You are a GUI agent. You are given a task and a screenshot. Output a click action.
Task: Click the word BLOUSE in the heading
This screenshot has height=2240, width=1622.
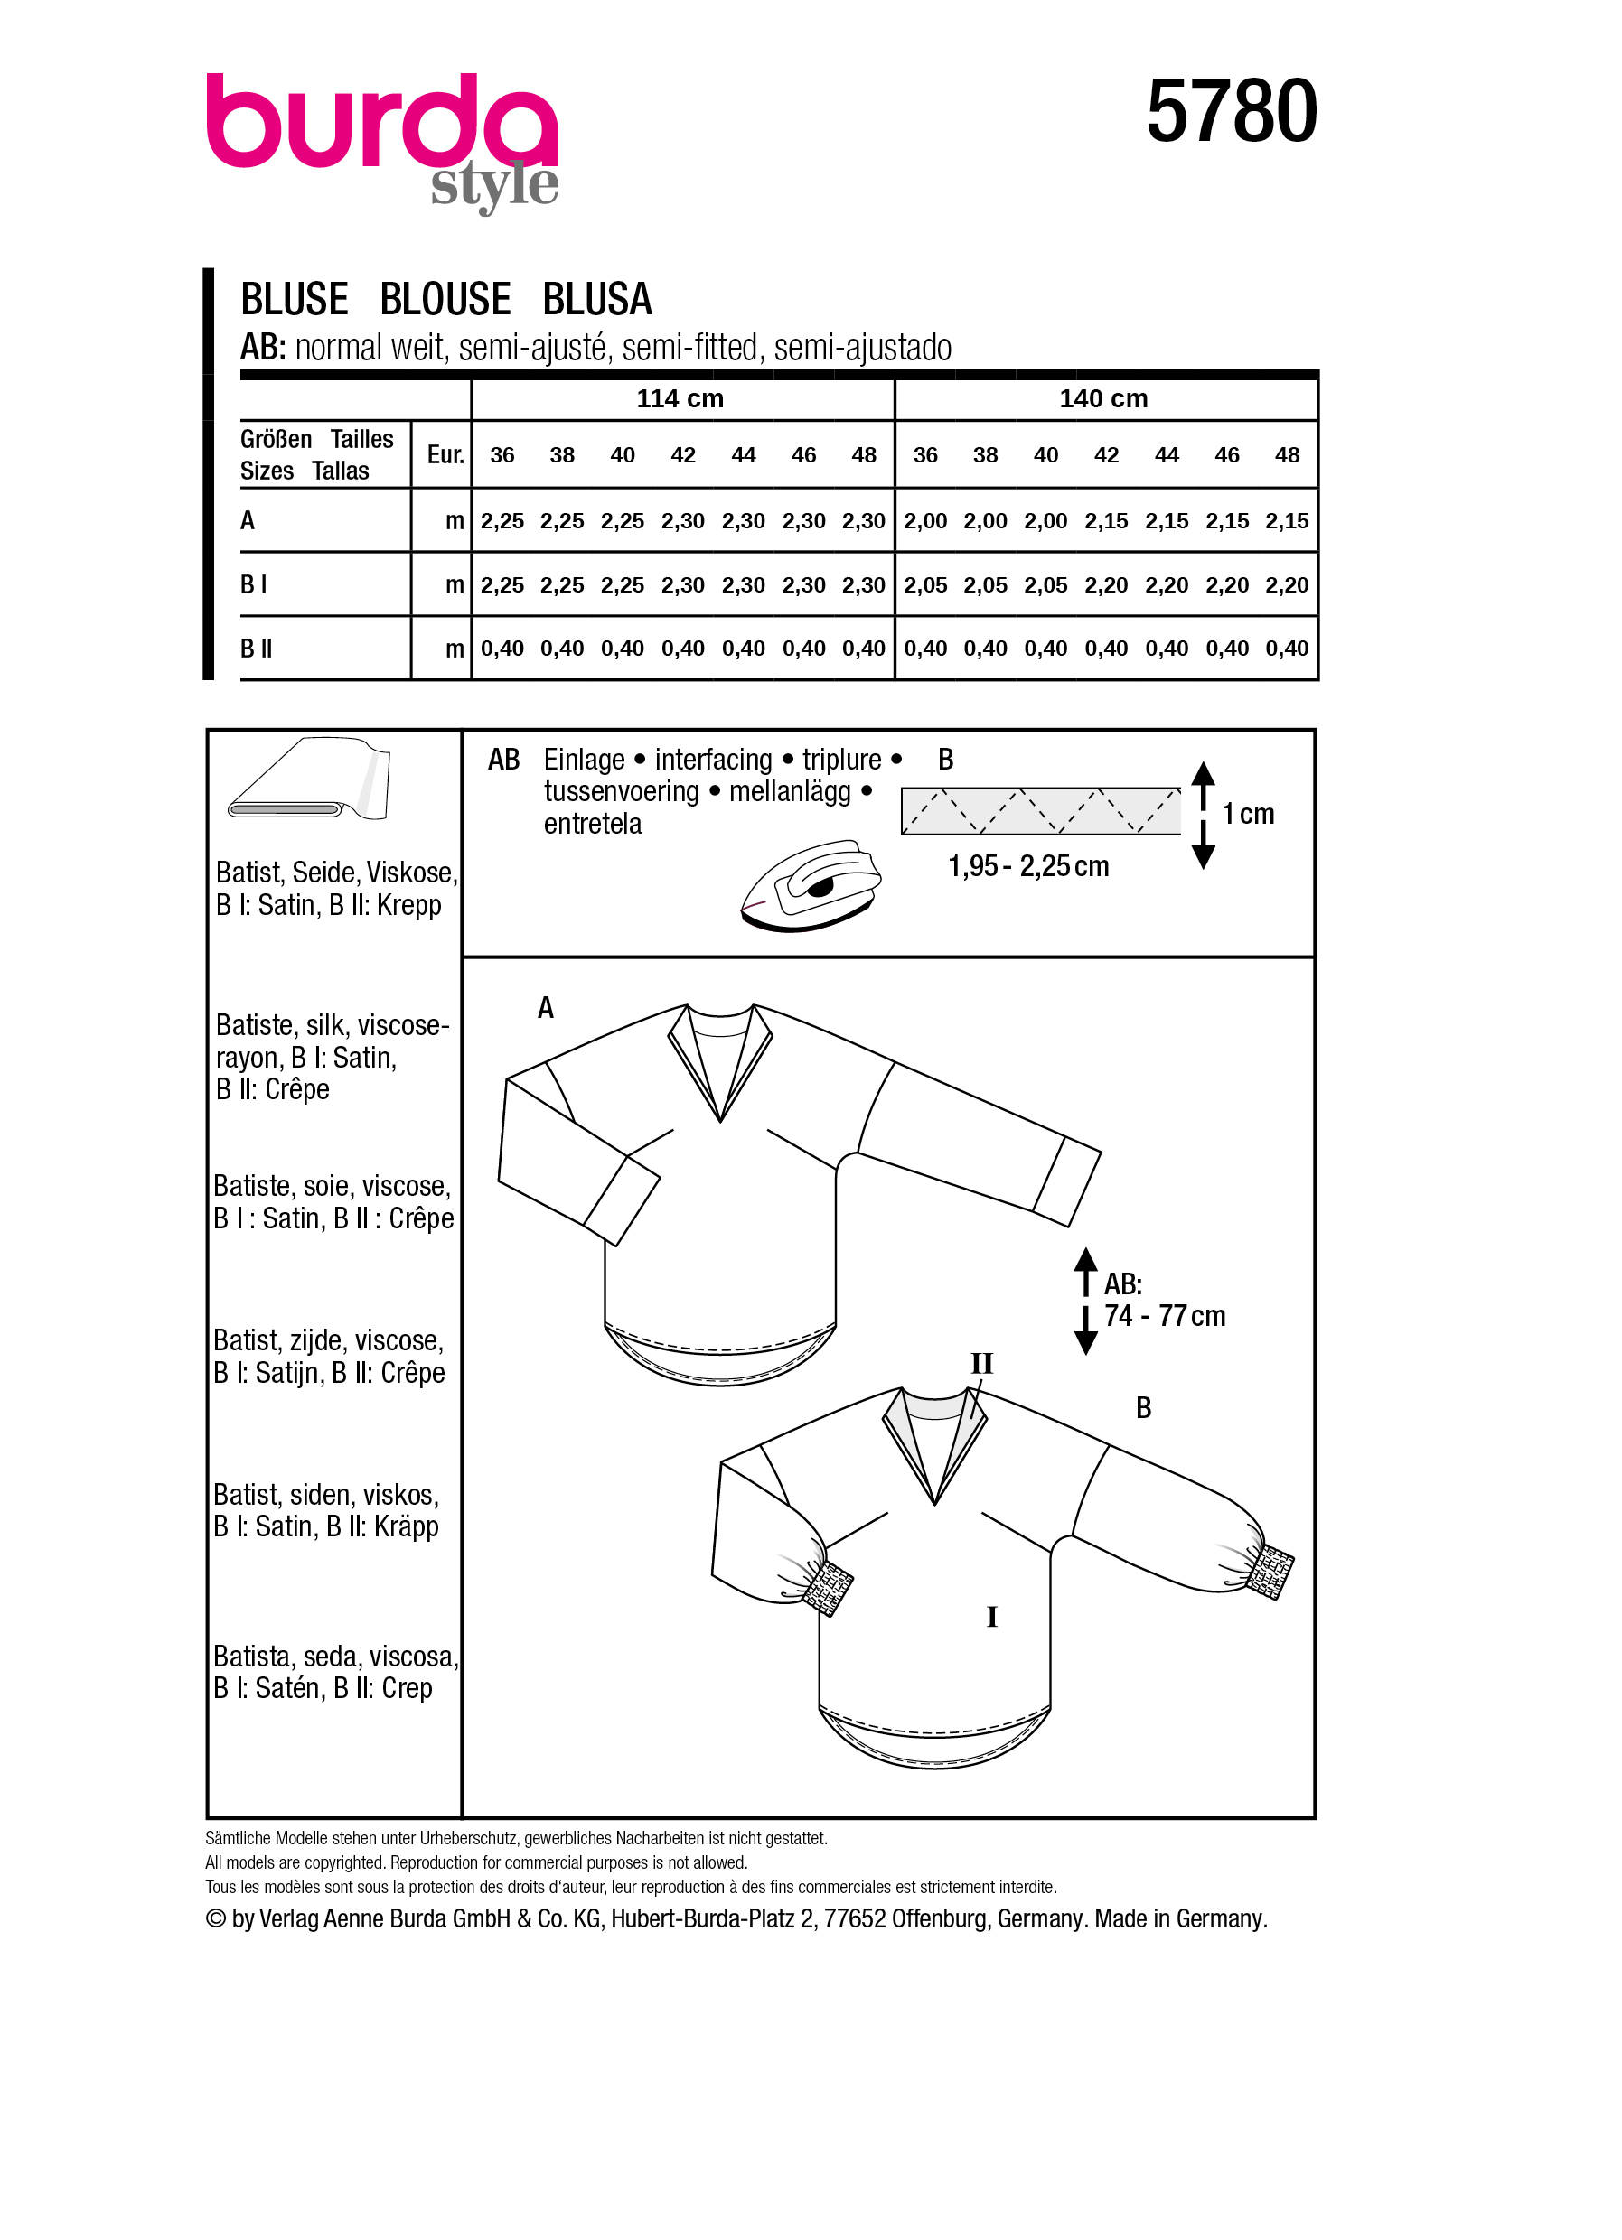click(445, 299)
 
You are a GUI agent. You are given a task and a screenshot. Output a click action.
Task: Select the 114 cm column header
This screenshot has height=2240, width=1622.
click(680, 399)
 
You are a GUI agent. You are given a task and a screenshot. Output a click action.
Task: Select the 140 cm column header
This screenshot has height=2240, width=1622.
click(1102, 399)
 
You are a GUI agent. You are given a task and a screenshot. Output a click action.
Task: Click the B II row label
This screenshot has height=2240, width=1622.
click(256, 649)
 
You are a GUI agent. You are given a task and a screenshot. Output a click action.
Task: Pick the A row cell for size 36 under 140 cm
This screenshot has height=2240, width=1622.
click(924, 521)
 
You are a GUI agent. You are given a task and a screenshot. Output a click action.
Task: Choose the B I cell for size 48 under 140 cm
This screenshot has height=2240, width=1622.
click(1286, 585)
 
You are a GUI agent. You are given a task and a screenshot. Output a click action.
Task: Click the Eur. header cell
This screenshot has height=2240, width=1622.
click(445, 455)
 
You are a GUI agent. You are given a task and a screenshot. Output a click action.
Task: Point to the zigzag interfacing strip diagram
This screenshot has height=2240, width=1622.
click(1040, 811)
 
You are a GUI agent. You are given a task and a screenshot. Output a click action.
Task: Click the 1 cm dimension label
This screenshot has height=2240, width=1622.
click(1248, 814)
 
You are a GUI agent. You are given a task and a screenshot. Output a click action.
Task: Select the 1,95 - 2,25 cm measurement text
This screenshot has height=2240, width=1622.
click(1027, 866)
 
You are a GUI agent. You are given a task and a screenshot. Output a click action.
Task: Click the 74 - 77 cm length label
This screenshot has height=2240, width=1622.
click(1164, 1317)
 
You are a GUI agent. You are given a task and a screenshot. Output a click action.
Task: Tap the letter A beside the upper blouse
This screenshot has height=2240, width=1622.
click(545, 1007)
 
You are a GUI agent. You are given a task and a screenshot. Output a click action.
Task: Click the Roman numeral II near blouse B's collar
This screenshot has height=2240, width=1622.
click(981, 1364)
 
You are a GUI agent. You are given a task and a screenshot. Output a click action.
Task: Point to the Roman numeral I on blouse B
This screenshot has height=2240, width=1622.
click(992, 1618)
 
